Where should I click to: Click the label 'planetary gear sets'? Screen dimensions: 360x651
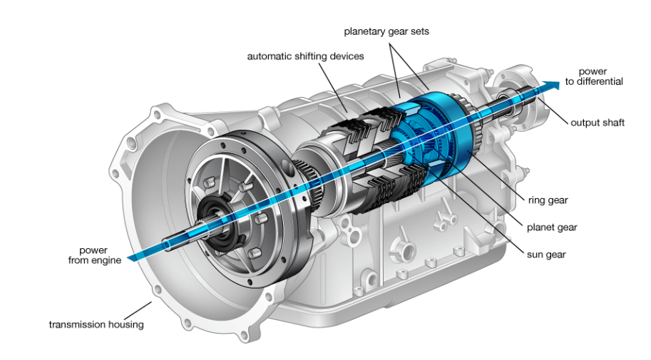point(386,32)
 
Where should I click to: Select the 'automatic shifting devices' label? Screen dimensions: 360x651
point(305,56)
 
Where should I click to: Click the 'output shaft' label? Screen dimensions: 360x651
point(597,123)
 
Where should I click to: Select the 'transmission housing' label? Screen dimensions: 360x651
point(96,325)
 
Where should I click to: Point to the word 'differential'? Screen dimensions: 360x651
point(598,82)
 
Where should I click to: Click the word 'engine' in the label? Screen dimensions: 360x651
point(106,260)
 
